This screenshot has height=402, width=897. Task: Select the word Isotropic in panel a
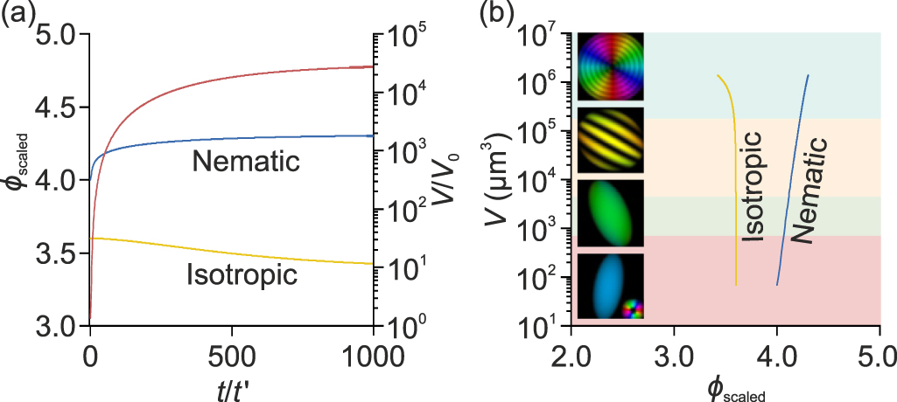pos(242,276)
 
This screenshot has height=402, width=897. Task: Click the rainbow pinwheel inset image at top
pos(610,68)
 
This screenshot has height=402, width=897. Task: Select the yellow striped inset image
pos(610,141)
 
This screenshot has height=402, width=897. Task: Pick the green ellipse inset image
pos(610,213)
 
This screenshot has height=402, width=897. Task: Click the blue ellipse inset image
pos(610,286)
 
